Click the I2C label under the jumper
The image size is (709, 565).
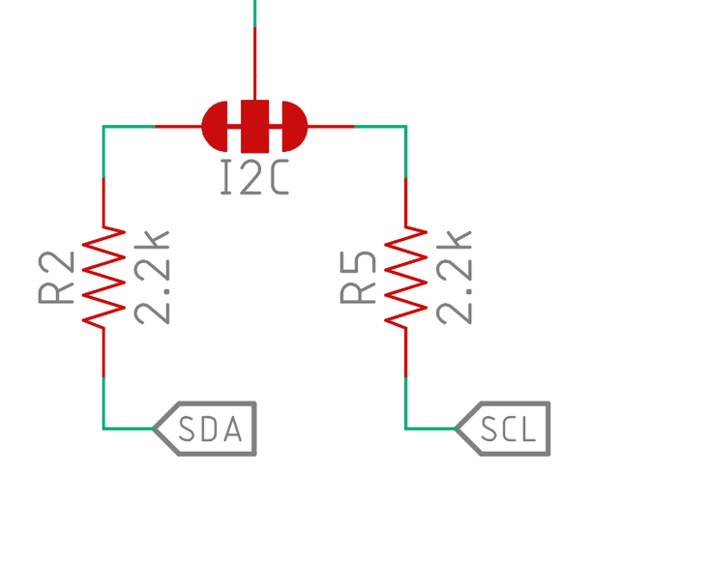[x=254, y=178]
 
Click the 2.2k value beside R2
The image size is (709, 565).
[x=152, y=277]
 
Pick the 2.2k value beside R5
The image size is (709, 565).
[x=454, y=277]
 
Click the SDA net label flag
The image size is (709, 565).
[x=206, y=429]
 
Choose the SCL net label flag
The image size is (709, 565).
[x=504, y=429]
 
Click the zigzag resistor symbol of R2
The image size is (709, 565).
[x=103, y=277]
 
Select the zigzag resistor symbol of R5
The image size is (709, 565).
[x=405, y=277]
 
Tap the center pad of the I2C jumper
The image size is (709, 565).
[x=254, y=126]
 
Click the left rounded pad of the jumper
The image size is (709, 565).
[x=217, y=126]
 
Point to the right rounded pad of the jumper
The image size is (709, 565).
[x=292, y=126]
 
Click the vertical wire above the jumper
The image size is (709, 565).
[x=254, y=48]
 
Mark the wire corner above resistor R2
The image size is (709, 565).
[x=103, y=126]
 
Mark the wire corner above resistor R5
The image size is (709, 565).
[x=405, y=126]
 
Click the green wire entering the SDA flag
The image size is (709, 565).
[x=126, y=428]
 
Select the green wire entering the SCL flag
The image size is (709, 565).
[x=428, y=428]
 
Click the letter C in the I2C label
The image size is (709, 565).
[x=278, y=178]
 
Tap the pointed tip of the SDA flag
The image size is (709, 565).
[x=155, y=429]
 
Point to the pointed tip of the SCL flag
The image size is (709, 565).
[x=456, y=429]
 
